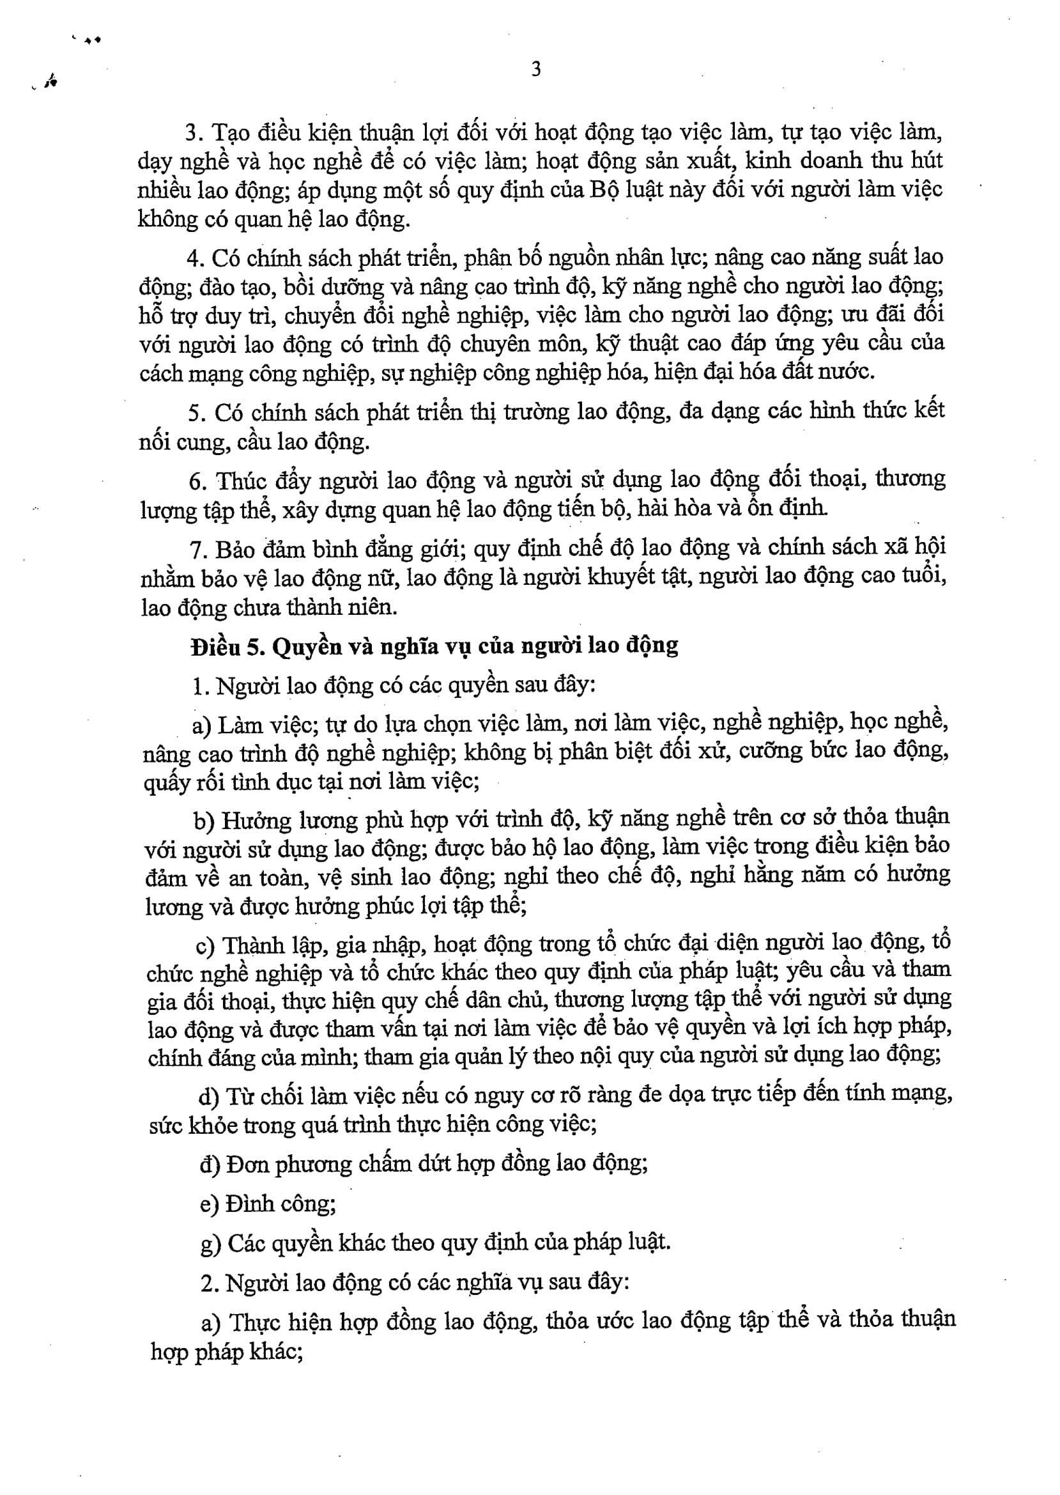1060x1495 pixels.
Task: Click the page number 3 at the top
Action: (536, 69)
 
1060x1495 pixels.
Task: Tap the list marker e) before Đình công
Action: (210, 1204)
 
